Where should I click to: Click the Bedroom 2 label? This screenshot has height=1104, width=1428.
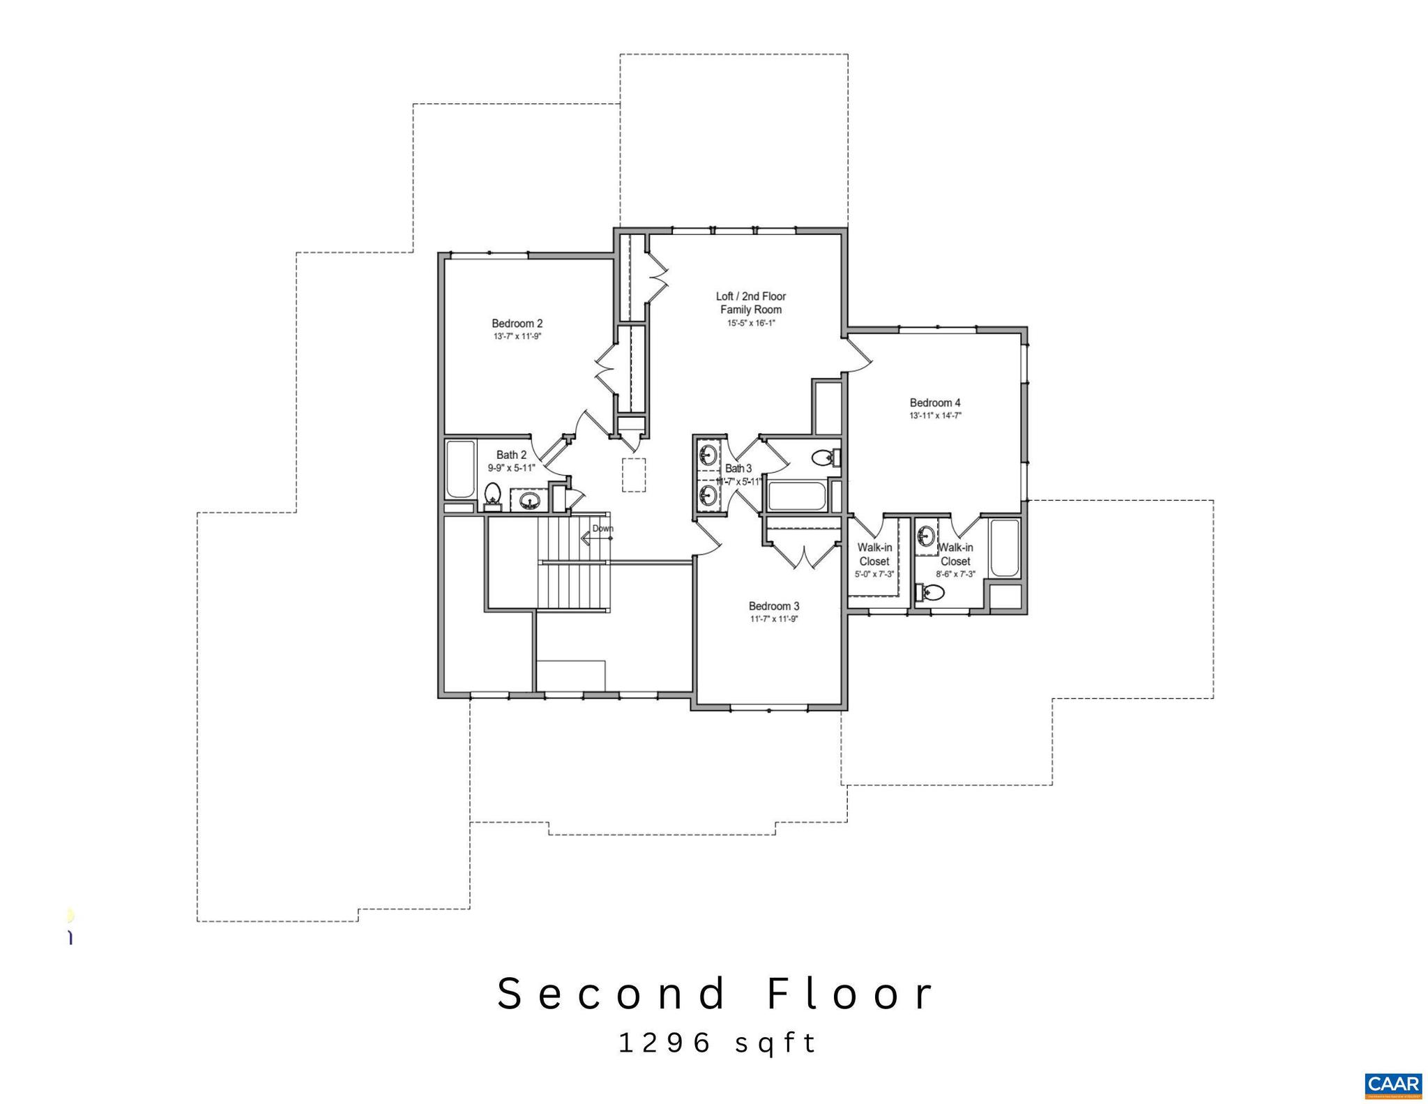tap(517, 324)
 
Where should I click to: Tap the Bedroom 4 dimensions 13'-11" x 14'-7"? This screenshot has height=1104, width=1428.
tap(935, 416)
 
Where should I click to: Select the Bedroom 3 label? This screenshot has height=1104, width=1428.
tap(774, 606)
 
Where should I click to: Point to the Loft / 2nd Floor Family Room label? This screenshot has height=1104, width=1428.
tap(751, 303)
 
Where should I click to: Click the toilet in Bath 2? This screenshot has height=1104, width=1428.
tap(493, 494)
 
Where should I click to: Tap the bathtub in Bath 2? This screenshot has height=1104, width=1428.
tap(460, 469)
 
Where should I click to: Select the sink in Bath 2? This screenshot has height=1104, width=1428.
tap(530, 500)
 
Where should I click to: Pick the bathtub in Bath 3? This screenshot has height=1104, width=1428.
tap(796, 497)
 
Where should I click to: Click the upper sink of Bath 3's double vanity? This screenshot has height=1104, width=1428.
tap(708, 455)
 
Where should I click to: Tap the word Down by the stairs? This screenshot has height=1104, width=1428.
tap(603, 528)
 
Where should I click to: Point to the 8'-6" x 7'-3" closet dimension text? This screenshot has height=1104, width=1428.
tap(955, 574)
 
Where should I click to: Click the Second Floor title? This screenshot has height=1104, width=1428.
tap(716, 994)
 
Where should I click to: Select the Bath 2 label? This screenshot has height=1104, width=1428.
tap(511, 455)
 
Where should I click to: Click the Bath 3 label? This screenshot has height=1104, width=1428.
tap(738, 469)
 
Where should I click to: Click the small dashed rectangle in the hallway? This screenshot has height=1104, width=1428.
tap(633, 475)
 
